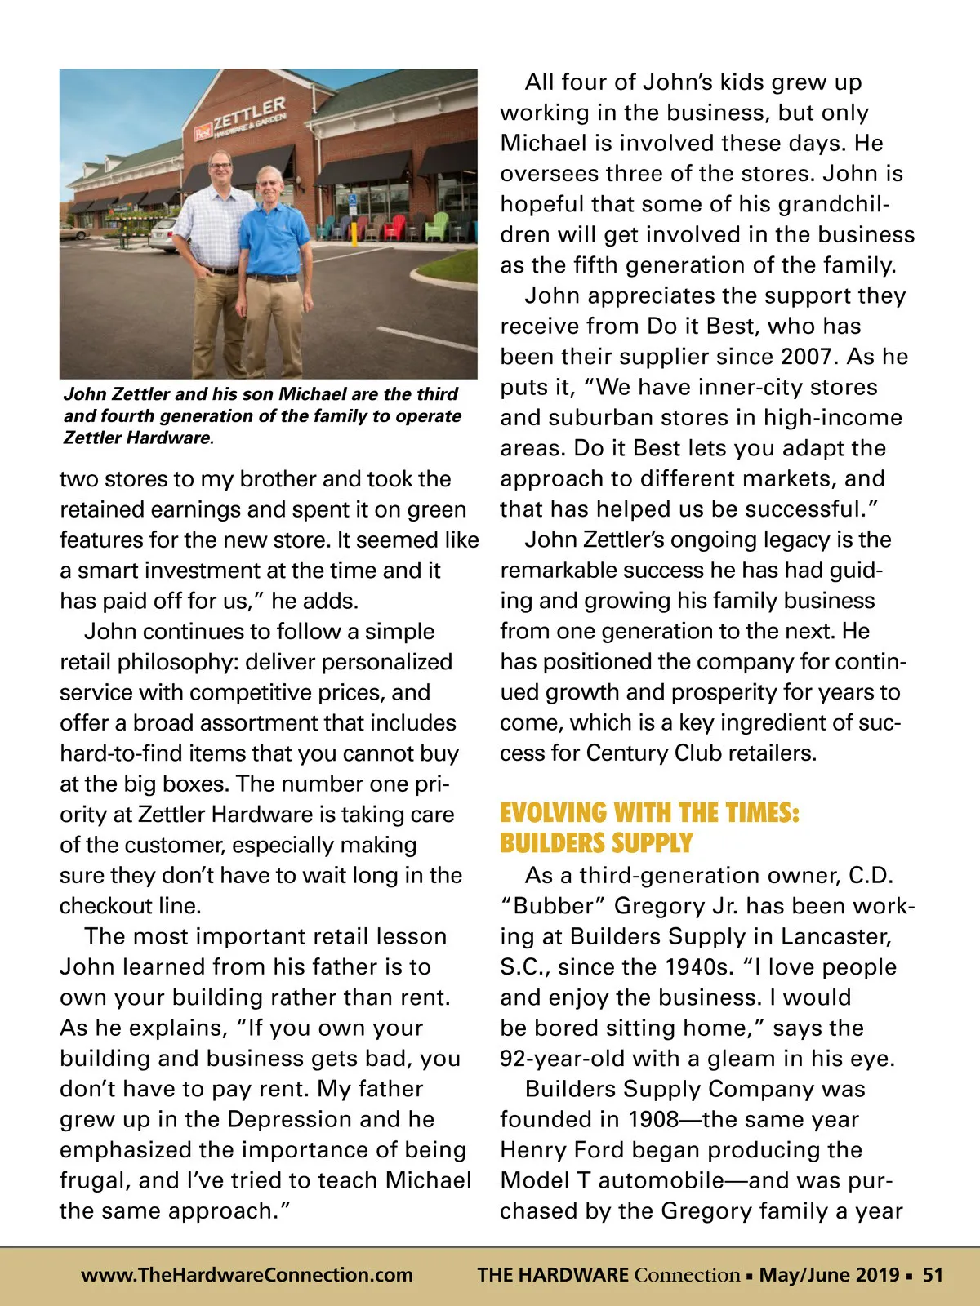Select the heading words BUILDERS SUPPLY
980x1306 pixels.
pyautogui.click(x=596, y=843)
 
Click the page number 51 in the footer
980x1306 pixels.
pyautogui.click(x=933, y=1275)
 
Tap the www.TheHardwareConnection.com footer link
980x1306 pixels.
pyautogui.click(x=247, y=1275)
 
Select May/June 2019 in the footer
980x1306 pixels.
pyautogui.click(x=830, y=1275)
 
